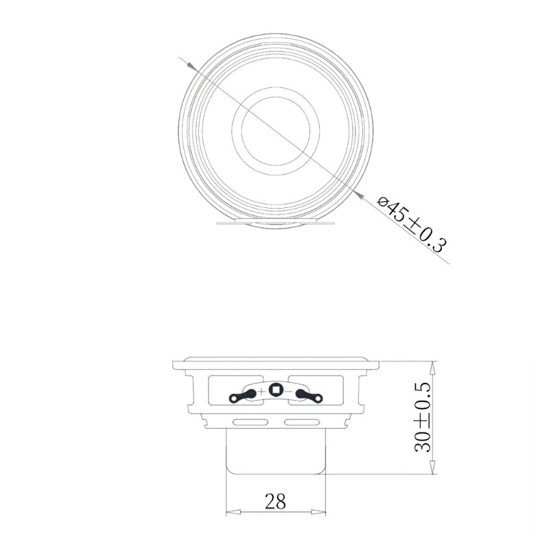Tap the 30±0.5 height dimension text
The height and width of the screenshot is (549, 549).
tap(423, 417)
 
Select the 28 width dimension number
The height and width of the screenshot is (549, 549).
tap(275, 502)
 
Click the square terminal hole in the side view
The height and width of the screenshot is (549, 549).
tap(276, 390)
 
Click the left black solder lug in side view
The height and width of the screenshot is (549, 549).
tap(243, 395)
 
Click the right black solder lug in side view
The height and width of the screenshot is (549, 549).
tap(309, 395)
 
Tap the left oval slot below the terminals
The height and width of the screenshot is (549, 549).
tap(249, 420)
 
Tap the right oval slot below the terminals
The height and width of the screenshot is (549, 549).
tap(302, 420)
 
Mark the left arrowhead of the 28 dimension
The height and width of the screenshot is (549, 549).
tap(231, 512)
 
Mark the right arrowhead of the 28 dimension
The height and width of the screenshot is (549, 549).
tap(320, 512)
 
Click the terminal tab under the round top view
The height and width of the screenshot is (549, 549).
tap(274, 222)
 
